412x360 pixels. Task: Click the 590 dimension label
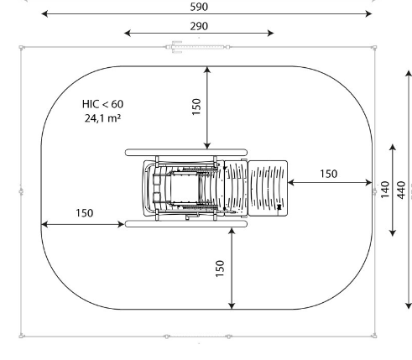point(199,7)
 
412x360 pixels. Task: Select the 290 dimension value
point(199,26)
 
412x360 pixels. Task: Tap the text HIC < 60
point(102,104)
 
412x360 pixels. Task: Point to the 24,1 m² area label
point(102,118)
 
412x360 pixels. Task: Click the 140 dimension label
point(385,190)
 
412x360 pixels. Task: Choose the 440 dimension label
point(401,190)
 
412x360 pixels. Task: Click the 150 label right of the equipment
point(328,174)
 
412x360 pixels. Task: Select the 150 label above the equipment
point(196,107)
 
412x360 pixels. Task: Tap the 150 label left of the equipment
point(85,213)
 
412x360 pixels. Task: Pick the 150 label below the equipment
point(220,269)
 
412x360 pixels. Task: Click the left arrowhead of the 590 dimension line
point(44,13)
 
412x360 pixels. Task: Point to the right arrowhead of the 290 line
point(270,34)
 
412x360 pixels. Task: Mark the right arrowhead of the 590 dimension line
point(368,13)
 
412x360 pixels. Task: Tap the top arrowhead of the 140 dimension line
point(393,148)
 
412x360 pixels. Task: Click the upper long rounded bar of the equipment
point(186,153)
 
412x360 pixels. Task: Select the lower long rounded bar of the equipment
point(186,224)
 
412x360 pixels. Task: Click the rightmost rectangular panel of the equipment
point(268,188)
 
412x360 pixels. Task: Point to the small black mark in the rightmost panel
point(279,207)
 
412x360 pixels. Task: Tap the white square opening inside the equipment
point(185,188)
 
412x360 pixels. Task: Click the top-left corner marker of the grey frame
point(22,48)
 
